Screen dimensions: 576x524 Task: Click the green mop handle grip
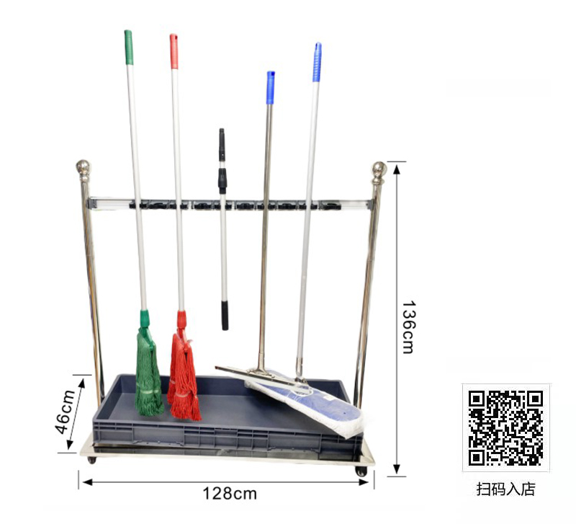tap(129, 48)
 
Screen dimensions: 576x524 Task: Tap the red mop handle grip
tap(174, 51)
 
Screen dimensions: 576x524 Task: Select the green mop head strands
tap(148, 371)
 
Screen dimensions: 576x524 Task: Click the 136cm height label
tap(408, 327)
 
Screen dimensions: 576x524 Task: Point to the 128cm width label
tap(230, 494)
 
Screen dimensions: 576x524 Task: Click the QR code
tap(505, 428)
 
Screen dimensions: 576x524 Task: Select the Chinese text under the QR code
tap(506, 489)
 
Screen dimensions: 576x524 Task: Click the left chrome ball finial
tap(84, 168)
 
